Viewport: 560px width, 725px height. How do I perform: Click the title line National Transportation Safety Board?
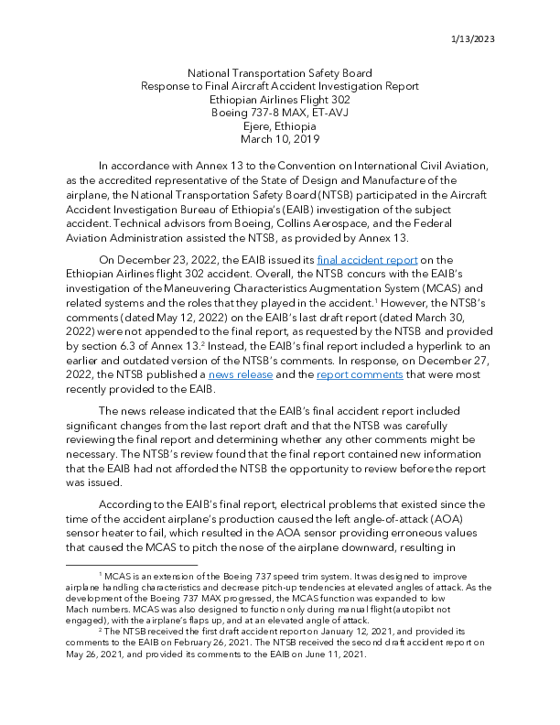pos(279,72)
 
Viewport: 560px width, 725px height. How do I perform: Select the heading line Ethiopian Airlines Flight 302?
pos(279,99)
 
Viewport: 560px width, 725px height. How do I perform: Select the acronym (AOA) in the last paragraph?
pos(455,516)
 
